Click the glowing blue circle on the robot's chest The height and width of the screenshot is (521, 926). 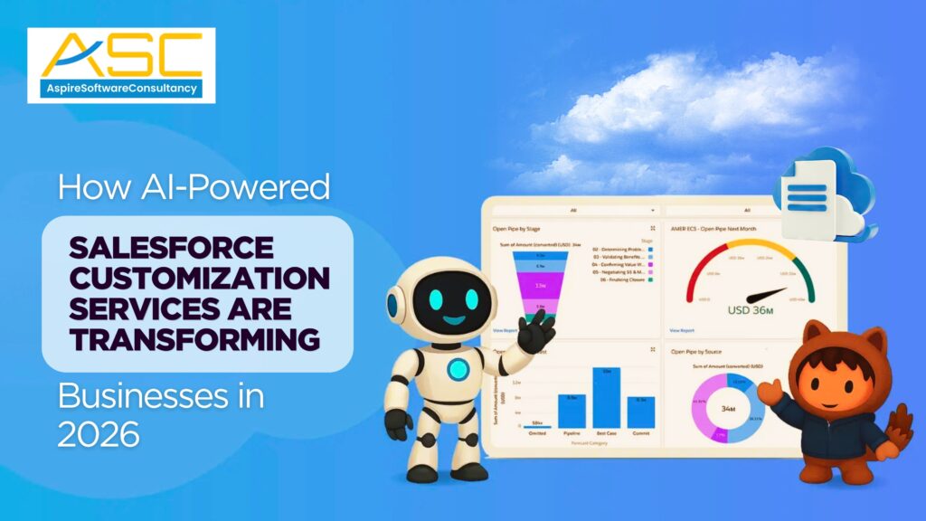458,369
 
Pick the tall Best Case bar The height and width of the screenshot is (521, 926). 606,397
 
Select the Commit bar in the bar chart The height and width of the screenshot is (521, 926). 641,412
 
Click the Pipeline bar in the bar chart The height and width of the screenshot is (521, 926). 572,412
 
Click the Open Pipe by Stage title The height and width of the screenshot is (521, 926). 517,228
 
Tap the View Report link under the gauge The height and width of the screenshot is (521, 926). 683,331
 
